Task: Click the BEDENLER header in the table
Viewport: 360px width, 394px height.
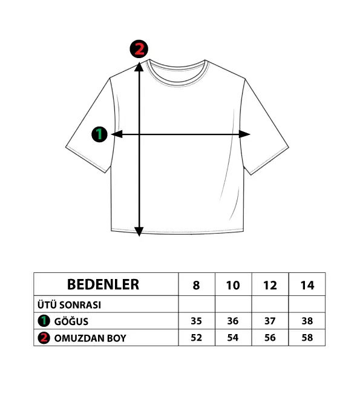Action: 103,284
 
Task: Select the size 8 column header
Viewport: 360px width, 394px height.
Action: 196,285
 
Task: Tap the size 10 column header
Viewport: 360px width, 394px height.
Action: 233,285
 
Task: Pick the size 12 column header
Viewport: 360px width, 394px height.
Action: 270,285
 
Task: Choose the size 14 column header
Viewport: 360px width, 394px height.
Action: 307,285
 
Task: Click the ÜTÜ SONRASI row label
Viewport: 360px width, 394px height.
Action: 69,305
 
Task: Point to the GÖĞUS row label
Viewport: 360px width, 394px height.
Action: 71,321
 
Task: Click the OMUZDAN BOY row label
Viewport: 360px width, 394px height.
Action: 90,338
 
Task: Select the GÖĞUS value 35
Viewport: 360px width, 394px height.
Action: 196,321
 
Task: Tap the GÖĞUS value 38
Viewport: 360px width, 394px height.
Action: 307,321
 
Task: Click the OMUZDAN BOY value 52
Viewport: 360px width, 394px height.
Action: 196,338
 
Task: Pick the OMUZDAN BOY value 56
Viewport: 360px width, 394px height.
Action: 270,338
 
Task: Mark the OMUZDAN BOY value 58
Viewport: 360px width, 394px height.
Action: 307,338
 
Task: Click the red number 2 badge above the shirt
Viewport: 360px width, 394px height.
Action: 139,49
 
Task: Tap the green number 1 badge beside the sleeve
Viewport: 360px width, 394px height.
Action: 99,134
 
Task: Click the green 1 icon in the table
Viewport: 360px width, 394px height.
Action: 44,321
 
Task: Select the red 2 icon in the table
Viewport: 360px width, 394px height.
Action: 44,338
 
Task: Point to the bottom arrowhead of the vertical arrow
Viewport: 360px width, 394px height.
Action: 139,231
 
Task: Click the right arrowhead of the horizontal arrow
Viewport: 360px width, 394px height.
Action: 244,134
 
